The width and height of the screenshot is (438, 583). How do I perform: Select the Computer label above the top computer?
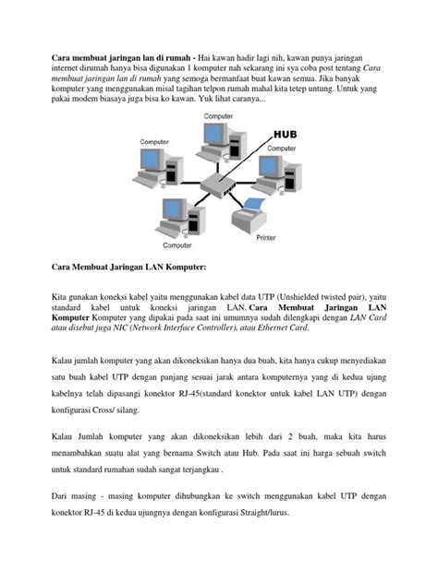[x=218, y=116]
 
